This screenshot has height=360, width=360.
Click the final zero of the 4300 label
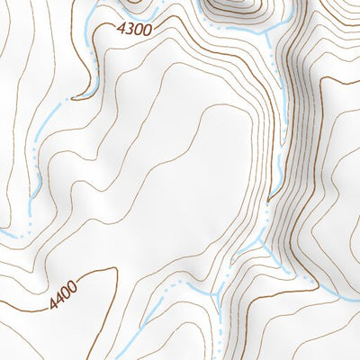tap(144, 32)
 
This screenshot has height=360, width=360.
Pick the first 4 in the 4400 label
tap(54, 302)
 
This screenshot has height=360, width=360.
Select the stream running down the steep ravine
tap(279, 153)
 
